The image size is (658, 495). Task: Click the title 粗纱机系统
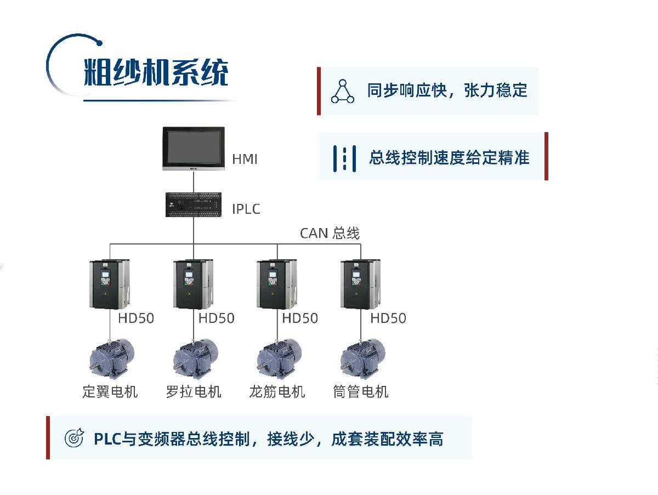[156, 72]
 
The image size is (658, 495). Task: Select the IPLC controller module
[194, 204]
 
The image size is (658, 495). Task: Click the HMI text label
[245, 160]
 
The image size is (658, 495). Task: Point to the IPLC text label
[246, 209]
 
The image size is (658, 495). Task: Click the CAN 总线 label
[330, 234]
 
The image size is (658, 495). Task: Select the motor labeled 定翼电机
[111, 358]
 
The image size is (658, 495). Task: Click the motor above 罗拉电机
[195, 358]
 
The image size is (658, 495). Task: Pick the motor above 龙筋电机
[279, 358]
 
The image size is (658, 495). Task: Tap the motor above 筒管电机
[362, 358]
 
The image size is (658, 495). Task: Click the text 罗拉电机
[194, 392]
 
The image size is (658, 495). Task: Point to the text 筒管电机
[361, 392]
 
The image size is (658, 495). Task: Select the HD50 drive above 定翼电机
[110, 283]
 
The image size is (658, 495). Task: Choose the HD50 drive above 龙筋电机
[277, 283]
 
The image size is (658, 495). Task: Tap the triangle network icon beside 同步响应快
[343, 91]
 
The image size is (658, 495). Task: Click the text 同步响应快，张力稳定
[447, 90]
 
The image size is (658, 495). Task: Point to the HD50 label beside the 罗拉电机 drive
[216, 318]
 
